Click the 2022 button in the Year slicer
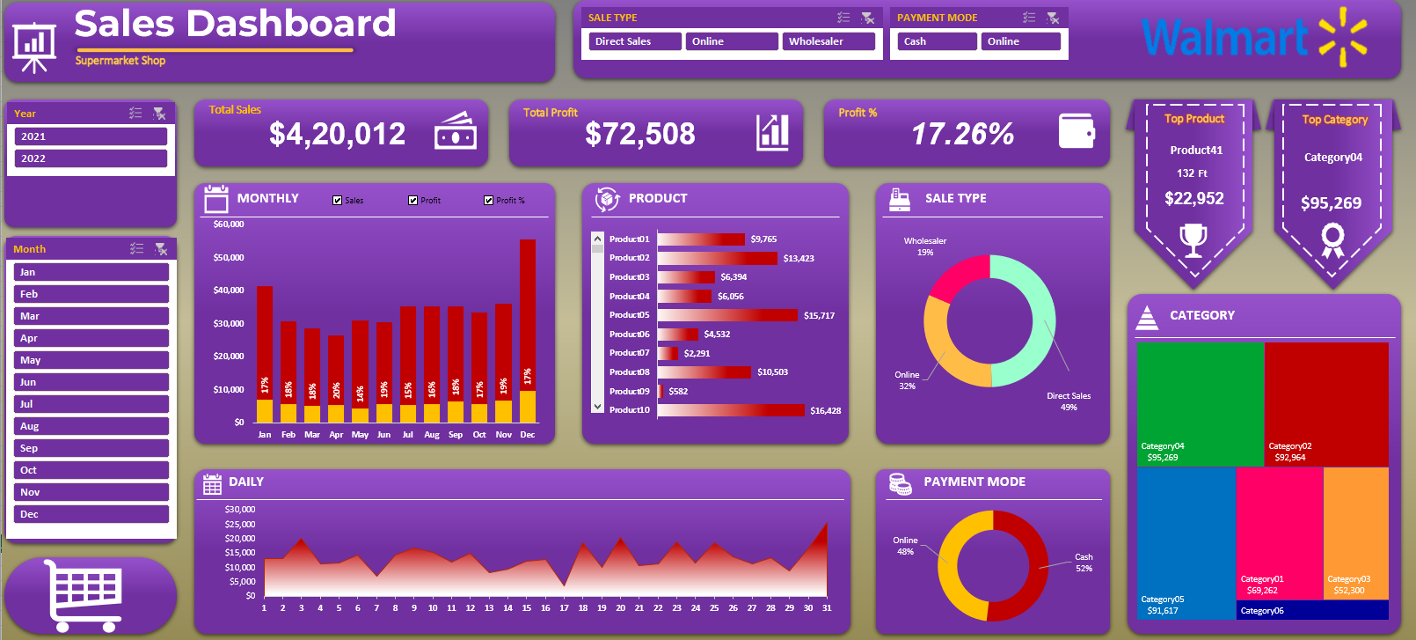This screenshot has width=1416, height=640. [x=91, y=158]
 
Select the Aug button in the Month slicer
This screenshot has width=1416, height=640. [x=91, y=426]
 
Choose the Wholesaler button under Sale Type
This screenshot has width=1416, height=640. [x=828, y=41]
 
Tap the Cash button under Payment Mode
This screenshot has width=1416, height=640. [x=937, y=41]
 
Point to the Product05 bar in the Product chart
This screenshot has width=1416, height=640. [x=727, y=315]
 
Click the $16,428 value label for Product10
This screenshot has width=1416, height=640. [x=825, y=410]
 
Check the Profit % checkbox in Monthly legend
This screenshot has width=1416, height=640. [x=489, y=201]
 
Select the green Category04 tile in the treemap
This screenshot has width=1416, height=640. [x=1201, y=403]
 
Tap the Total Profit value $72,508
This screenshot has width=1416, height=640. [x=640, y=134]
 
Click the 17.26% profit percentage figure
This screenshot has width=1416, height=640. [x=962, y=134]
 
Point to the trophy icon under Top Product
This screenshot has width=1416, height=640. [x=1193, y=239]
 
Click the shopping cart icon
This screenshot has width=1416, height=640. [x=84, y=595]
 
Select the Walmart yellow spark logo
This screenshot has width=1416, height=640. [x=1343, y=37]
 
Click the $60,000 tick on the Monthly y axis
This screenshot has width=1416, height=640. [x=229, y=224]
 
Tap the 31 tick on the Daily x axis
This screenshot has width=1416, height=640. [x=827, y=608]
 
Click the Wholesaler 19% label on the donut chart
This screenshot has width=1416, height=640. [x=925, y=246]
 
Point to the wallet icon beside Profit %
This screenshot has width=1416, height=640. [x=1077, y=132]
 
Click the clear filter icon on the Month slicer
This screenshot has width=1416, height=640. [x=161, y=249]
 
